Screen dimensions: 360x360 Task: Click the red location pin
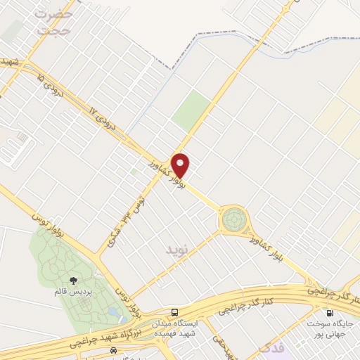[x=181, y=165]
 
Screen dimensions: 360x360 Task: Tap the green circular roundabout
[x=232, y=221]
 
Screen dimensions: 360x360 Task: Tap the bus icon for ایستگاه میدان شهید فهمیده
[x=174, y=311]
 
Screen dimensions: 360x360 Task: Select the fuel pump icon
[x=328, y=312]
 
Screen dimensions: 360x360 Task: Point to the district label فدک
[x=271, y=347]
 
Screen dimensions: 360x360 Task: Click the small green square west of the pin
[x=133, y=171]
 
